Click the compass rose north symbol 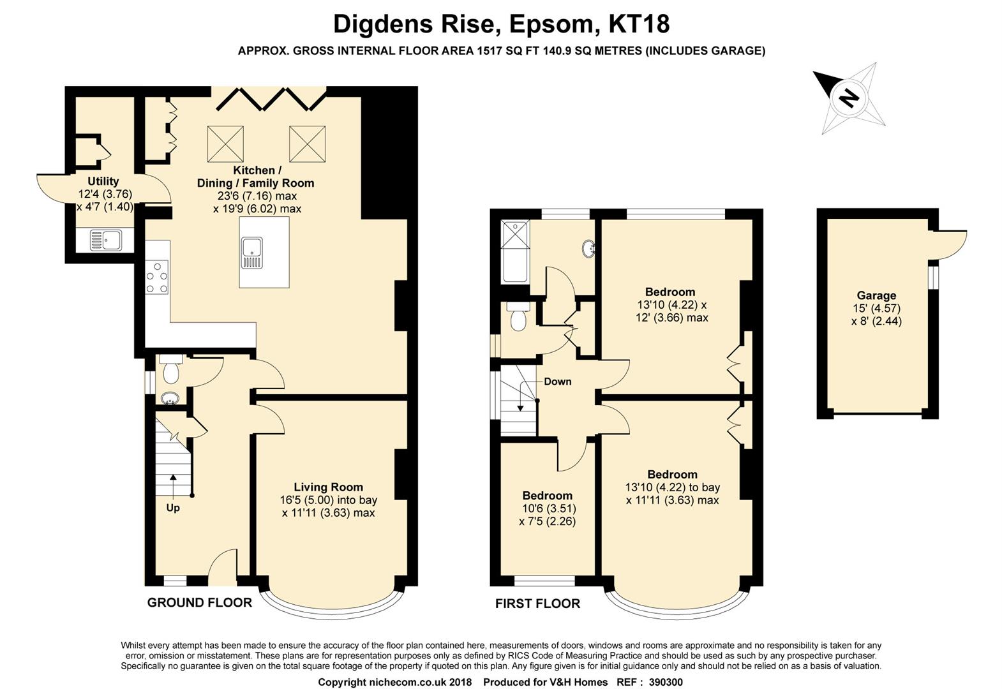(848, 98)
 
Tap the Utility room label (103, 181)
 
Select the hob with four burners (156, 278)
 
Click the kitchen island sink (252, 253)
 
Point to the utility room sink (105, 240)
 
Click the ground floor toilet (171, 369)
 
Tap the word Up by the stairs (173, 508)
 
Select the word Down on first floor (558, 382)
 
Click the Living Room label (328, 487)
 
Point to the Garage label (877, 295)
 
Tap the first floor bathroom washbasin (588, 249)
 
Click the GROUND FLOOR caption (200, 603)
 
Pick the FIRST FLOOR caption (537, 604)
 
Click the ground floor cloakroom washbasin (170, 397)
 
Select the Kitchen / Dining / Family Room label (256, 177)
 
